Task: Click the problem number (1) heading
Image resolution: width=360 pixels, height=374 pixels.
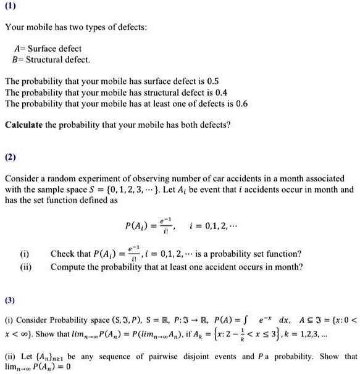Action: (x=11, y=8)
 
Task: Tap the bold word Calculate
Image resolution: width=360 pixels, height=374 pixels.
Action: (x=25, y=125)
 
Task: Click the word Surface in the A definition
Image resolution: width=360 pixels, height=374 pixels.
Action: (x=39, y=49)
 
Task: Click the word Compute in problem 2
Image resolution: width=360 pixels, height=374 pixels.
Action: (x=69, y=267)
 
